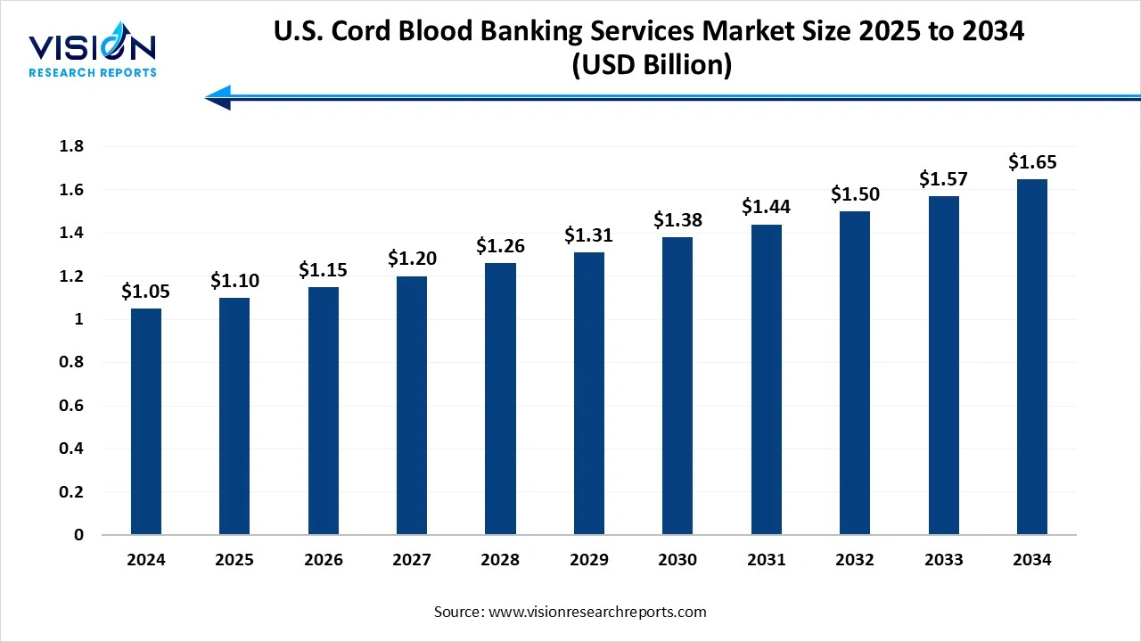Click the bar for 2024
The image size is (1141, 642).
click(x=146, y=422)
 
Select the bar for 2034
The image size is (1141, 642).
click(x=1031, y=357)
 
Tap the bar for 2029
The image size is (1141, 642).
click(x=589, y=393)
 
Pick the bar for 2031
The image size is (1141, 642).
click(x=766, y=380)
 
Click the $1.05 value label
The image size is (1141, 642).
click(x=146, y=292)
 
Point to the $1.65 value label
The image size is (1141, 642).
click(x=1031, y=162)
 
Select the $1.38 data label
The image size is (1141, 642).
click(x=677, y=220)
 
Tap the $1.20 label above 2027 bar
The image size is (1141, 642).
click(x=412, y=259)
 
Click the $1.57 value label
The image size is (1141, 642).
click(x=943, y=179)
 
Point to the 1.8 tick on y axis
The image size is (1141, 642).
click(x=71, y=147)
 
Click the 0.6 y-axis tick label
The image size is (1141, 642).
click(x=71, y=406)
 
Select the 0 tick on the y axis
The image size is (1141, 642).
click(x=78, y=535)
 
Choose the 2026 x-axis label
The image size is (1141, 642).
click(x=324, y=560)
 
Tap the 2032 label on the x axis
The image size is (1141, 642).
click(x=854, y=560)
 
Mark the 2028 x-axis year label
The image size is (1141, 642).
click(x=500, y=560)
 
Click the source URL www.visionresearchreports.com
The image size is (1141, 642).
click(x=595, y=612)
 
